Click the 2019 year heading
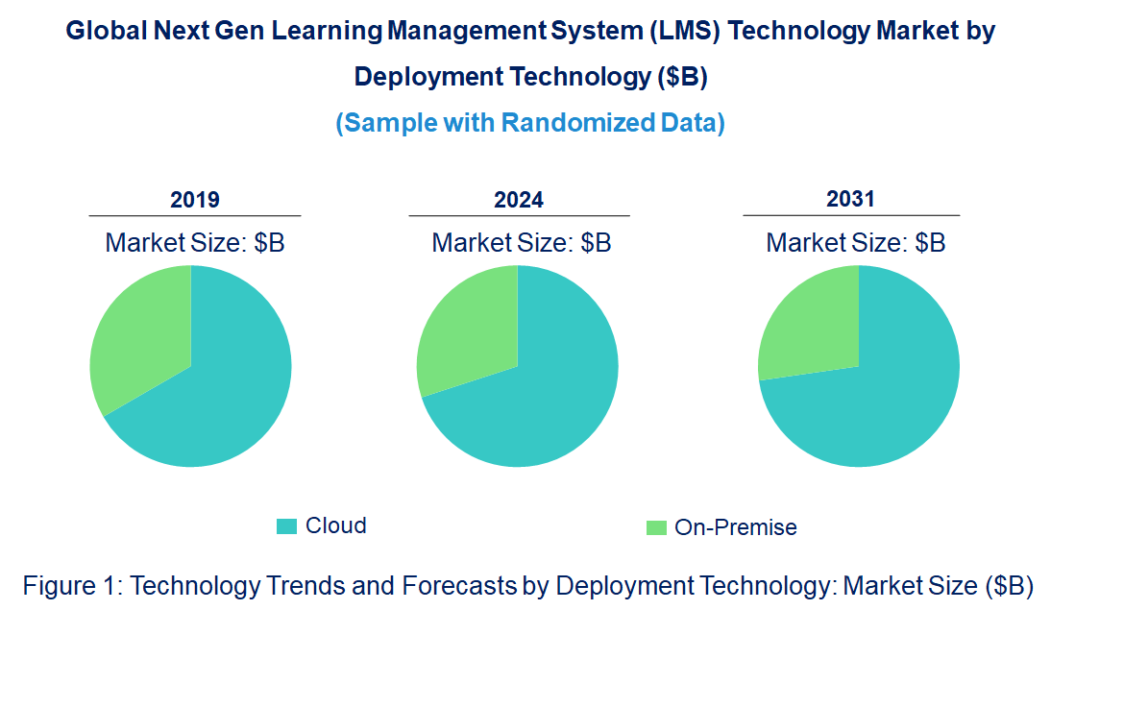(195, 200)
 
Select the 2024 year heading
(519, 200)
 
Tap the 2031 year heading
(851, 199)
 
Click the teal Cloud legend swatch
(286, 525)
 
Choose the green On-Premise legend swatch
(656, 527)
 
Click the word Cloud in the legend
(336, 525)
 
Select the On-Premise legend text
(736, 527)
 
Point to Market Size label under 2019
(195, 243)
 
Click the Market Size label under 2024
(522, 243)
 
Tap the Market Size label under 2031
(856, 243)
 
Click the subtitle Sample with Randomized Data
(530, 123)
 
